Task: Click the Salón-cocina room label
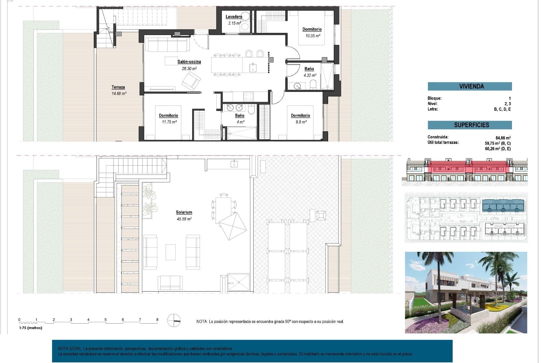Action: click(x=189, y=62)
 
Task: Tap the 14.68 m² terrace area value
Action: click(x=119, y=93)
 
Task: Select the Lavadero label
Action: click(x=234, y=17)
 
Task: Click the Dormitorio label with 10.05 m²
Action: click(x=312, y=29)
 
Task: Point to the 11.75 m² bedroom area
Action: click(x=169, y=122)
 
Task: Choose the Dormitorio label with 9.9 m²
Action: click(x=300, y=115)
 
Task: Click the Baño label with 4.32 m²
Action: click(x=309, y=69)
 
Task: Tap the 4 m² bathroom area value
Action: click(x=240, y=122)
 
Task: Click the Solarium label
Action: click(x=184, y=212)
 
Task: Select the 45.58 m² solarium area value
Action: click(x=184, y=219)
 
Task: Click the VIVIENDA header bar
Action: click(x=469, y=86)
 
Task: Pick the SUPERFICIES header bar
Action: click(x=469, y=125)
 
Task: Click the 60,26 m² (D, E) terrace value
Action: click(x=498, y=149)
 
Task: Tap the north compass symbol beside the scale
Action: click(x=174, y=320)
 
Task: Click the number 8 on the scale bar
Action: click(x=157, y=320)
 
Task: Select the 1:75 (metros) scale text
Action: click(x=31, y=328)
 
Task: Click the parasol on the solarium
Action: click(x=233, y=226)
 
